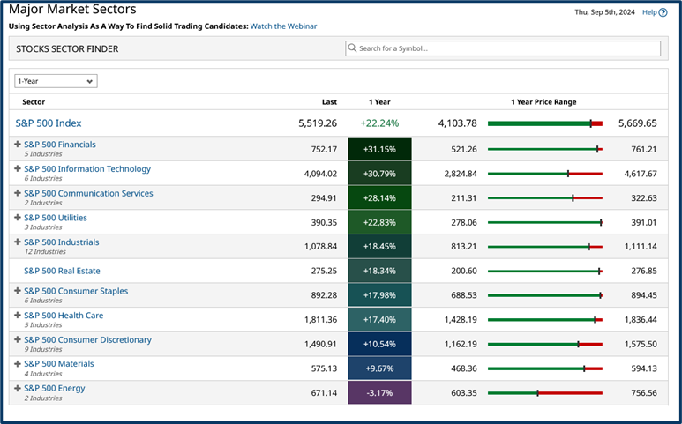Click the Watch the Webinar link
[x=283, y=26]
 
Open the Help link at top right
[x=648, y=12]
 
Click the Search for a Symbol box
[x=503, y=48]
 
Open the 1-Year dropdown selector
[x=56, y=81]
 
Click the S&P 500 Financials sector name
[x=60, y=145]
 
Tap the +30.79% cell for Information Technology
[x=379, y=174]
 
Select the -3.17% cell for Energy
[x=379, y=392]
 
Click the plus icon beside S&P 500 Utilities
[x=18, y=218]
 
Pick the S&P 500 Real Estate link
[x=62, y=271]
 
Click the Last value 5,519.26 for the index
[x=318, y=123]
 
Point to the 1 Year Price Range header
[x=543, y=102]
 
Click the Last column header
[x=328, y=102]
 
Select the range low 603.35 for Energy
[x=459, y=392]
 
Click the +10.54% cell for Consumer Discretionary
[x=379, y=344]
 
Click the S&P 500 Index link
[x=49, y=123]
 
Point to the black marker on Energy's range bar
[x=537, y=392]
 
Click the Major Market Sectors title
[x=72, y=10]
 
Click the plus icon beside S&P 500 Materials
[x=18, y=364]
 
